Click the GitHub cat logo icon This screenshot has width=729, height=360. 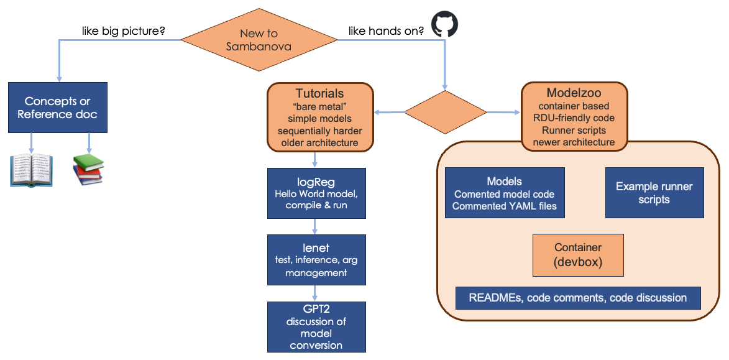click(444, 25)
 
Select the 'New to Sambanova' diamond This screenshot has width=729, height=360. click(259, 40)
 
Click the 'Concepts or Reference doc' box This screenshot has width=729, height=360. click(58, 108)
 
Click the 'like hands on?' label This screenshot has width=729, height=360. click(386, 29)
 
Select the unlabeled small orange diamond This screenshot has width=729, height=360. click(445, 113)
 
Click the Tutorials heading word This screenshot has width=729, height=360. click(319, 94)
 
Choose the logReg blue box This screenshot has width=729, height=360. click(316, 193)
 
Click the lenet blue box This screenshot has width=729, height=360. click(316, 260)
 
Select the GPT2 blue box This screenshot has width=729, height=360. click(316, 327)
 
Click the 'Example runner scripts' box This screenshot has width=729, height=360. click(654, 193)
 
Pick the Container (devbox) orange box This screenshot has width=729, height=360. click(578, 255)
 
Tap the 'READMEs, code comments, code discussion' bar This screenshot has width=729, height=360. click(578, 298)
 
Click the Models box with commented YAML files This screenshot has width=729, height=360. click(505, 193)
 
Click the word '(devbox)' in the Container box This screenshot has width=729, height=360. click(578, 262)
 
